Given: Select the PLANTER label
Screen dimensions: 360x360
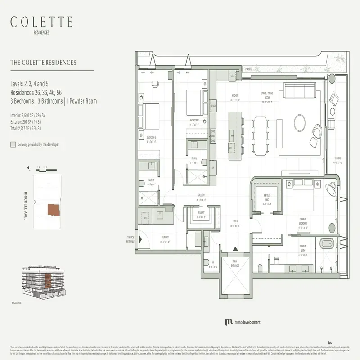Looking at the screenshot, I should pos(249,69).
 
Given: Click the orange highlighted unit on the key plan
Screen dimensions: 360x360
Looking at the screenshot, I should pos(54,210).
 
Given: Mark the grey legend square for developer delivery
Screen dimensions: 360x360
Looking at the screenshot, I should pos(13,145).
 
